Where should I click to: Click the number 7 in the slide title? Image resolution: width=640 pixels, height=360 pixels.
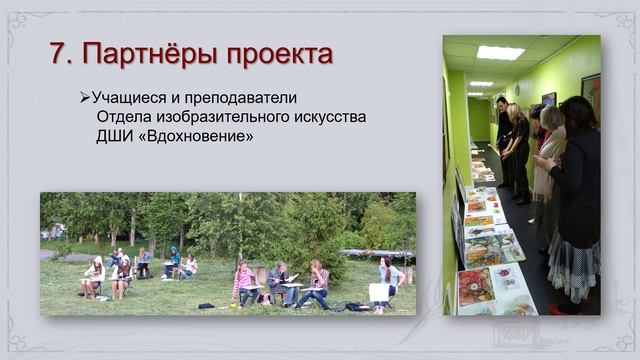57,53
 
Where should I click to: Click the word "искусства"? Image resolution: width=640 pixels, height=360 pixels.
328,117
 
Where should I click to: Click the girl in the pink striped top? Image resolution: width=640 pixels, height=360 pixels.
243,283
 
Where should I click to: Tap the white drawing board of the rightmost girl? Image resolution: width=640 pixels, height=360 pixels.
378,292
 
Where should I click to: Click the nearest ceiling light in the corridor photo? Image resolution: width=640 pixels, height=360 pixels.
500,52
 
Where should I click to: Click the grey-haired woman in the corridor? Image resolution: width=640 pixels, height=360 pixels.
548,150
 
